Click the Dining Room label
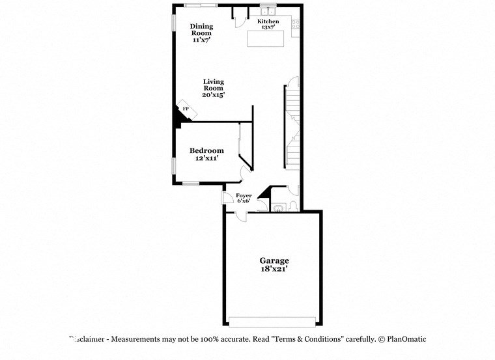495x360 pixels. [x=201, y=29]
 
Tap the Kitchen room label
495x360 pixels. [x=268, y=21]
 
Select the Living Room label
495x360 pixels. [x=214, y=85]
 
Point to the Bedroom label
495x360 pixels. [x=206, y=150]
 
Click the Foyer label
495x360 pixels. [x=244, y=195]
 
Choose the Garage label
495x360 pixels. [x=273, y=260]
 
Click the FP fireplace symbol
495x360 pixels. [x=186, y=109]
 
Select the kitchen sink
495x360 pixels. [x=268, y=10]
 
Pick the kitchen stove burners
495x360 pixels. [x=295, y=25]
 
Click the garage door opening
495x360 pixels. [x=272, y=321]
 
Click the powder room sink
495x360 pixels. [x=279, y=208]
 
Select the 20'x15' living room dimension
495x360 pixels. [x=214, y=95]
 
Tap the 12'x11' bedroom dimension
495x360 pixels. [x=206, y=158]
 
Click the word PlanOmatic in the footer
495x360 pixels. [x=406, y=339]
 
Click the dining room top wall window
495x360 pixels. [x=201, y=5]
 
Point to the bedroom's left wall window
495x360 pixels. [x=173, y=165]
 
